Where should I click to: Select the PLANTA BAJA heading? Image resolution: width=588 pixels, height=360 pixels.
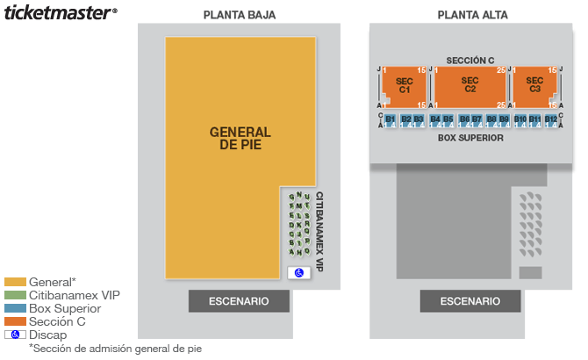point(239,15)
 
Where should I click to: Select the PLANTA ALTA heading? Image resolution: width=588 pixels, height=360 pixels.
point(472,15)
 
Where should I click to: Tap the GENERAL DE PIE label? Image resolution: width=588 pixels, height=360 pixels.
point(240,138)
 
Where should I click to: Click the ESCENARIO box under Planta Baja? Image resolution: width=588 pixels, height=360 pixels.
point(239,301)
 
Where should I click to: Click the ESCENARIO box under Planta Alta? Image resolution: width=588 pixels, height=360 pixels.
point(470,301)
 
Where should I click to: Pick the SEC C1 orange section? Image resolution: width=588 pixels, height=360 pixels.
point(405,86)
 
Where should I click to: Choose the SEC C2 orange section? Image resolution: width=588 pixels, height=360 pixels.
point(470,86)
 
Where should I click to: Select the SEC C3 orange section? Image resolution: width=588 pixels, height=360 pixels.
point(535,86)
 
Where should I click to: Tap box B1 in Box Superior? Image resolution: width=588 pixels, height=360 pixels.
point(390,121)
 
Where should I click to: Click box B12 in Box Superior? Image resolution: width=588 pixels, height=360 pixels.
point(550,121)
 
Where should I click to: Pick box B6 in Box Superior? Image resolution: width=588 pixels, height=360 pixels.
point(464,121)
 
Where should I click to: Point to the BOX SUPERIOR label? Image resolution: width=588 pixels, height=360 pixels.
point(470,138)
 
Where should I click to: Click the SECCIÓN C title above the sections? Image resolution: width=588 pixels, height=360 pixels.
point(470,60)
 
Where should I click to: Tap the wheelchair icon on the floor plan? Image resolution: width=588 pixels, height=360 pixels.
point(298,273)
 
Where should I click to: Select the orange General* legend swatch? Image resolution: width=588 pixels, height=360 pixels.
point(15,282)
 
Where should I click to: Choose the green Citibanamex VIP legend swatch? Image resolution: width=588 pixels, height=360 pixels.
point(15,295)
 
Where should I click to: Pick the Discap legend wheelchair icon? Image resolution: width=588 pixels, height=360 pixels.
point(15,335)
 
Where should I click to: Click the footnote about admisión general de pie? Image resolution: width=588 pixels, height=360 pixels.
point(115,349)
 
